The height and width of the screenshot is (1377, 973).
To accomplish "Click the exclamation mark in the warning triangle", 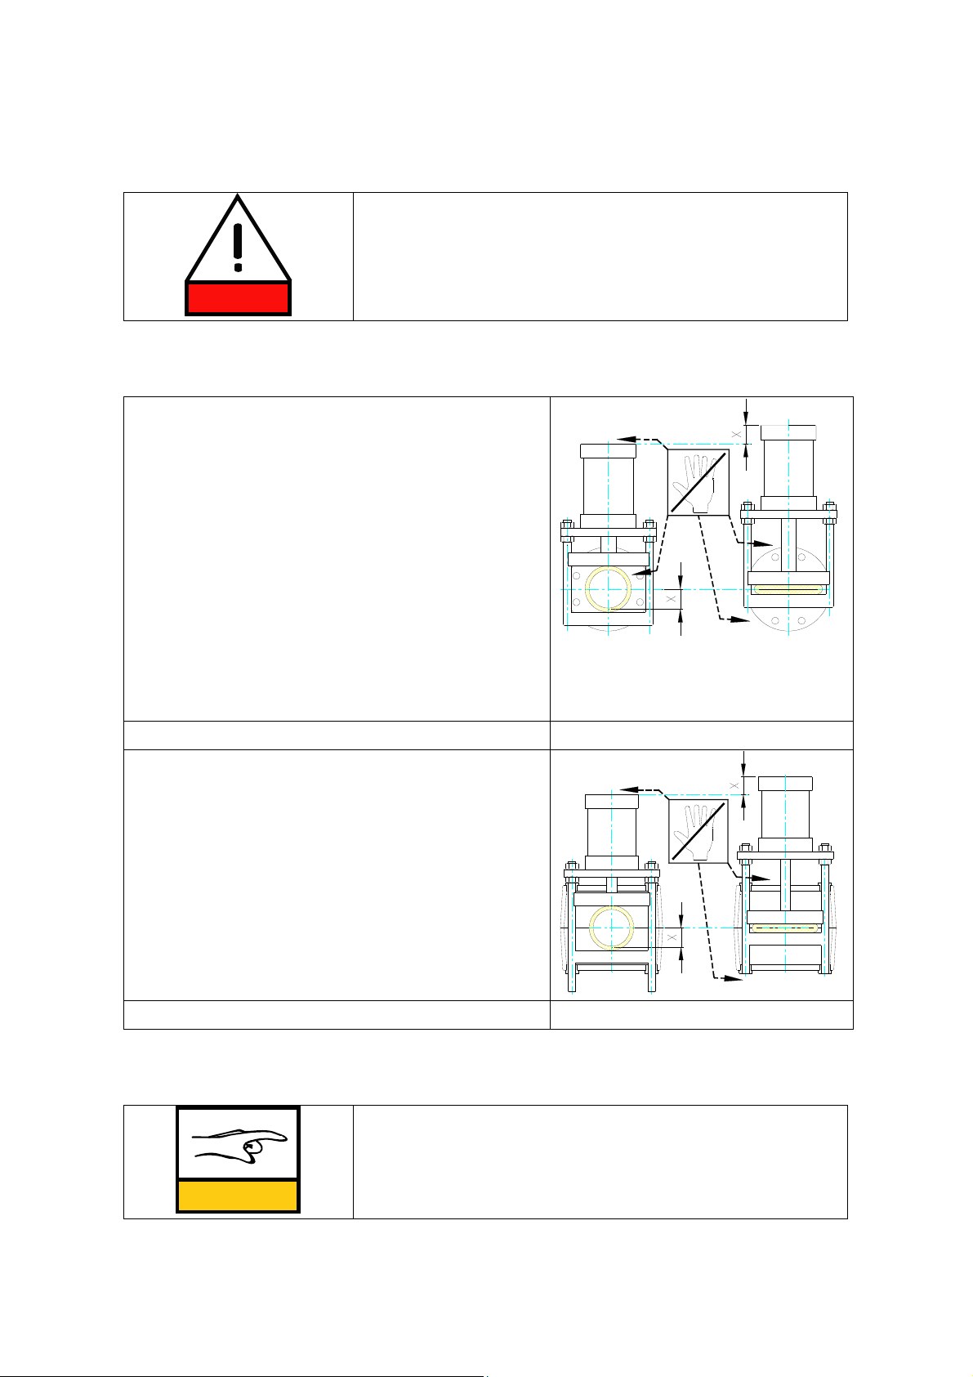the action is point(238,247).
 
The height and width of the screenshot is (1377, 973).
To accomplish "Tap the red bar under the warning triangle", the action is point(238,298).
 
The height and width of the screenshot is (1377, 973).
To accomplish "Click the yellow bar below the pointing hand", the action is point(238,1196).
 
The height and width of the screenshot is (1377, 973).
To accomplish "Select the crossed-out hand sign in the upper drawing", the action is point(699,483).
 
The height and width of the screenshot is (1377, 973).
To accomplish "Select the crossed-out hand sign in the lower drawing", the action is point(699,832).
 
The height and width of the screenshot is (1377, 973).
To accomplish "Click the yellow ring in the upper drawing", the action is point(608,589).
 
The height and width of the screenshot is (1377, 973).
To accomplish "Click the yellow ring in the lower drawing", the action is point(612,928).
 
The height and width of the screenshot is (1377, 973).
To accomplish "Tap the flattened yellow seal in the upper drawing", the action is point(788,589).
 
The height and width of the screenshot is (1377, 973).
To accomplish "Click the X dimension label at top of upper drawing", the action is point(736,435).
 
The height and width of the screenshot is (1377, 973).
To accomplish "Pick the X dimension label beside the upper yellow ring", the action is point(672,599).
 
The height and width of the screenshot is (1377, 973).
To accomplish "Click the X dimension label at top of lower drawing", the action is point(734,785).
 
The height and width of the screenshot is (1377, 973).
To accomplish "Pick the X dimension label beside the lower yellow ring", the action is point(672,937).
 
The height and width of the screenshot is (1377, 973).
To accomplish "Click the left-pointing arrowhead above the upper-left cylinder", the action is point(626,440).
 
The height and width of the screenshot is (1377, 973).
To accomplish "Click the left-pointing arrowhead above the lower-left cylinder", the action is point(629,790).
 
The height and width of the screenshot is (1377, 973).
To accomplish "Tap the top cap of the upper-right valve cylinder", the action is point(788,433).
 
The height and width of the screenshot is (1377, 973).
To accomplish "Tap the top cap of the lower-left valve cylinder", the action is point(612,802).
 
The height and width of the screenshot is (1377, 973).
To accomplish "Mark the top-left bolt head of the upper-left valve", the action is point(567,524).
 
